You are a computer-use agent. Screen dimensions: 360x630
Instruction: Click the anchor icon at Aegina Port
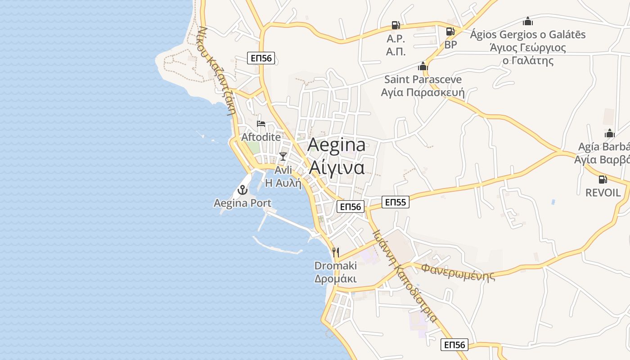(x=243, y=190)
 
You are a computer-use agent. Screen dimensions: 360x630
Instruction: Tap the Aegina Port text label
(x=243, y=203)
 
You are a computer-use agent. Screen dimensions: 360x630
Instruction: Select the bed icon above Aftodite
(x=261, y=124)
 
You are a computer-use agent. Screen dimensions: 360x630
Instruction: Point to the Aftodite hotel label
(x=261, y=137)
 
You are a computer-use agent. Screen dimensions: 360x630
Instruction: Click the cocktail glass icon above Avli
(x=283, y=157)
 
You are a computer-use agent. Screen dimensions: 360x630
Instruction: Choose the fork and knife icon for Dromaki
(x=335, y=252)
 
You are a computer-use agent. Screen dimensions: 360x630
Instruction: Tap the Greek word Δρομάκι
(x=335, y=279)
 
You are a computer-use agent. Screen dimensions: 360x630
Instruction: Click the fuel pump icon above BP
(x=450, y=31)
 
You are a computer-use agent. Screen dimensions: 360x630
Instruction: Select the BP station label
(x=450, y=45)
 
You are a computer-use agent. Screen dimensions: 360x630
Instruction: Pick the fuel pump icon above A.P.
(x=396, y=25)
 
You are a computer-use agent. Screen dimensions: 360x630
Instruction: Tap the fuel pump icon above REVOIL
(x=603, y=180)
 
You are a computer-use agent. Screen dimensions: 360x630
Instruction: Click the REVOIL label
(x=603, y=193)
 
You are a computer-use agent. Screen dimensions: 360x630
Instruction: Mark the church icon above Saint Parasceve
(x=423, y=66)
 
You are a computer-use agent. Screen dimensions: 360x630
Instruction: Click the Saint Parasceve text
(x=423, y=80)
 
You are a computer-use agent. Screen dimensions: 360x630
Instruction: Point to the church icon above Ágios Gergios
(x=528, y=21)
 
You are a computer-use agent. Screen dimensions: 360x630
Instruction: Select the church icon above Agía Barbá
(x=610, y=133)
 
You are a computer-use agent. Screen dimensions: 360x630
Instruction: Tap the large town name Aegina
(x=337, y=145)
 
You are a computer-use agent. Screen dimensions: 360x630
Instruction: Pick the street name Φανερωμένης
(x=458, y=272)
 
